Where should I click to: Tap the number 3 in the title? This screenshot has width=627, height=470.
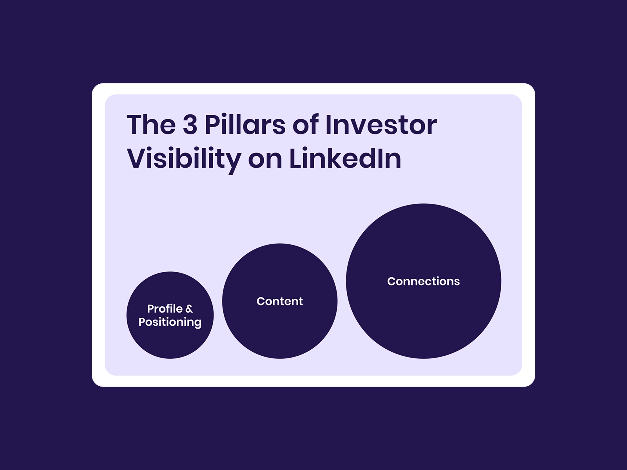pos(190,125)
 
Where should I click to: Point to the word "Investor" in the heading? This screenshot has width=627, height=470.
pos(381,125)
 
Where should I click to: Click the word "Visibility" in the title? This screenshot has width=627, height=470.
pos(184,159)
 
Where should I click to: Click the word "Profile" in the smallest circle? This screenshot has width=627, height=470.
pos(165,309)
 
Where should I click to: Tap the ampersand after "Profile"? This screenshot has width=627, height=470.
pos(189,309)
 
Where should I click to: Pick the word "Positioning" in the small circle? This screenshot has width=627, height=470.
pos(170,322)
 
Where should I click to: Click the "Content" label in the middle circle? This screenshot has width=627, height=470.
pos(280,301)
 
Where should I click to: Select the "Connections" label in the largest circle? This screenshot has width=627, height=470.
pos(423,281)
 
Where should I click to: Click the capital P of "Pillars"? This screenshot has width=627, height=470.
pos(212,125)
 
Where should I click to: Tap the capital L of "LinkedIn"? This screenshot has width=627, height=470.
pos(297,158)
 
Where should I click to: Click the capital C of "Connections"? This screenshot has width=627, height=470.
pos(392,281)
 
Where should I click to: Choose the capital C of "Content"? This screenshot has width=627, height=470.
pos(261,301)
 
